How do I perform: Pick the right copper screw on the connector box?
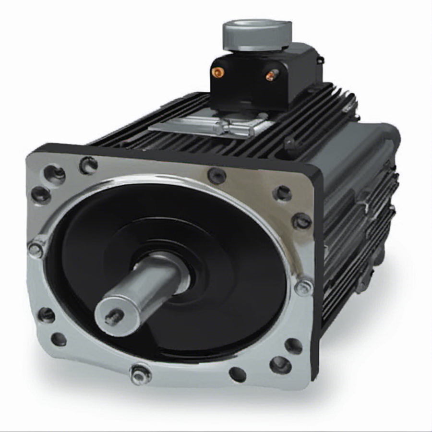click(x=271, y=75)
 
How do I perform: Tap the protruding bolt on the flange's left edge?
click(x=36, y=250)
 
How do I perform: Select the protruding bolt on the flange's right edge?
click(x=303, y=288)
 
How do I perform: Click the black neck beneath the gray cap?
click(x=250, y=53)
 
